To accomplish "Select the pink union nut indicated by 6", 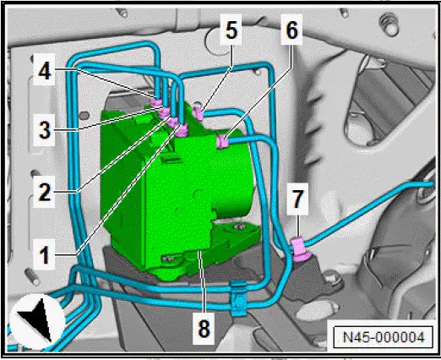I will (x=222, y=140).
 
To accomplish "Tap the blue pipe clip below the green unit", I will (x=239, y=293).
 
